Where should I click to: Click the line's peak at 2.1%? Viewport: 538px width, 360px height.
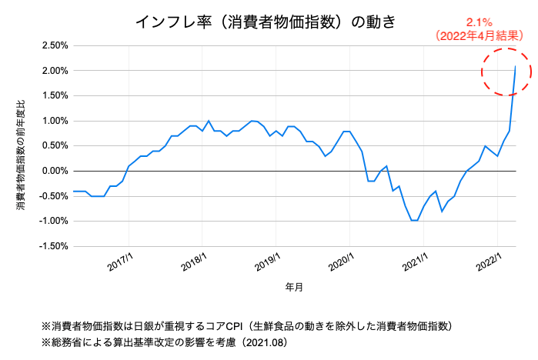pyautogui.click(x=515, y=66)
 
